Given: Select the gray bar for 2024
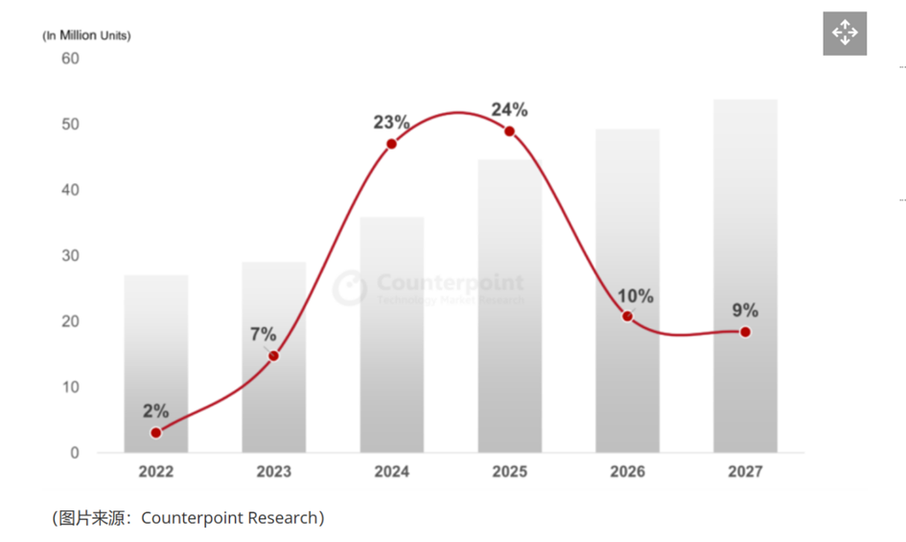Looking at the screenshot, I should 391,336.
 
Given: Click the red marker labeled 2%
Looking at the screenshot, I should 156,433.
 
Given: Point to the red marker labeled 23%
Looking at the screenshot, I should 391,144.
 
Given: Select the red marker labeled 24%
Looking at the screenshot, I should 509,131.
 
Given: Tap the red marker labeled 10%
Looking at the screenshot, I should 627,317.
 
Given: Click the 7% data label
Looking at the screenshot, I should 263,335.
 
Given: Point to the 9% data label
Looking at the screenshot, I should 745,310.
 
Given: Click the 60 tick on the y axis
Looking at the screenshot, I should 70,59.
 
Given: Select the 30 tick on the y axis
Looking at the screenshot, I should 70,256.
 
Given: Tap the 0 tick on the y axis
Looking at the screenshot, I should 74,453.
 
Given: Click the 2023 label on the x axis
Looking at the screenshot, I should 273,471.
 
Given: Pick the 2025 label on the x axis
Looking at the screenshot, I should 509,471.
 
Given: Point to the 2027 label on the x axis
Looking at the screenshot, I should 745,471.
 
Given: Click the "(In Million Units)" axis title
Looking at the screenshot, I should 86,35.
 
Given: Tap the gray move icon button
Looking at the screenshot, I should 845,34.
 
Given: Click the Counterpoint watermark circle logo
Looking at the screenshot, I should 350,287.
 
